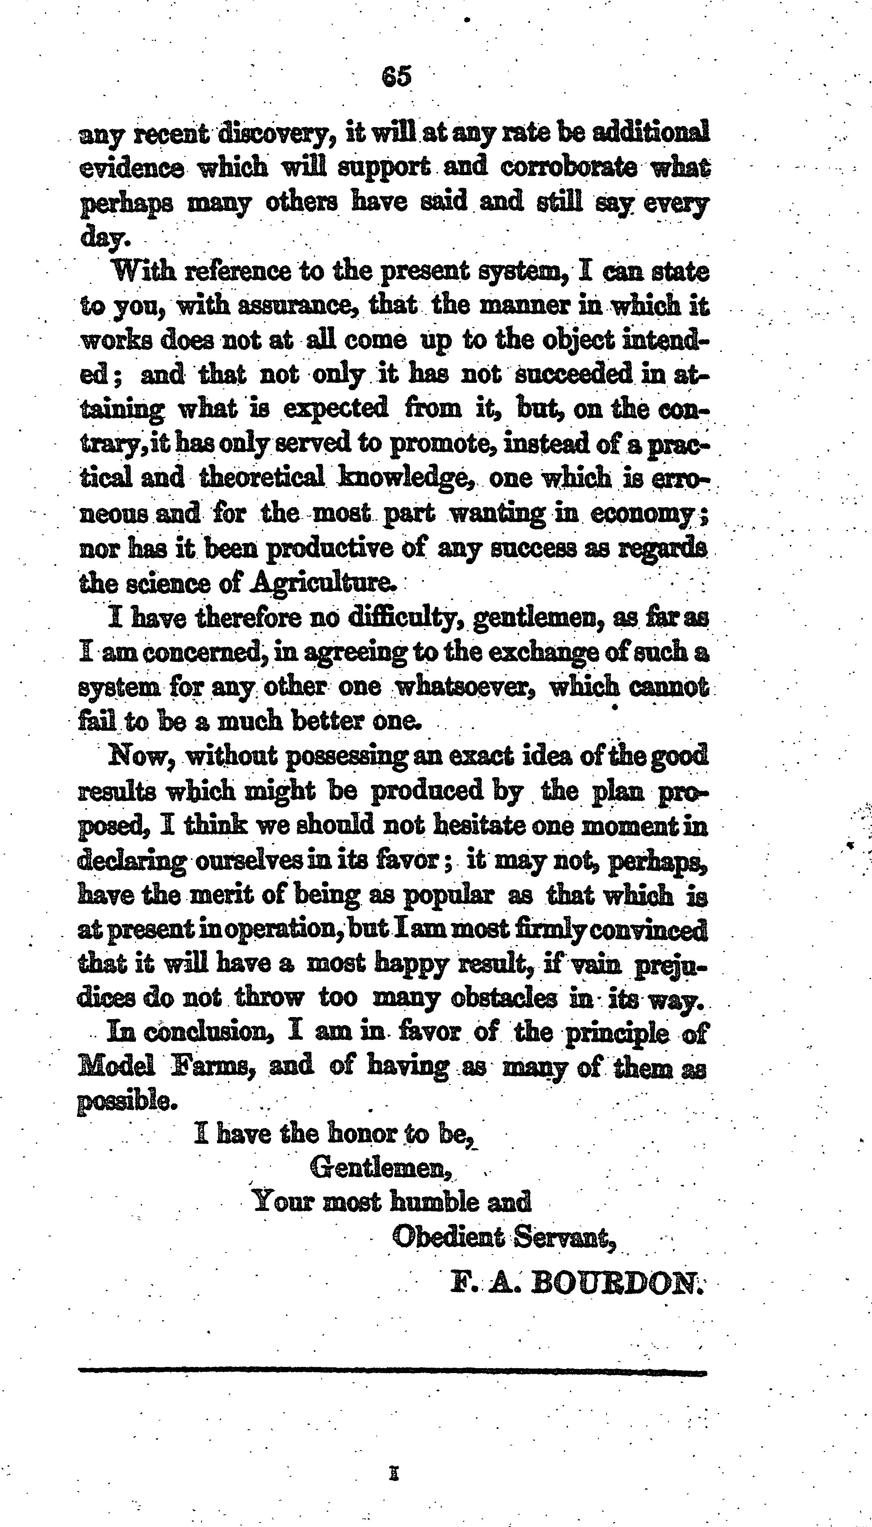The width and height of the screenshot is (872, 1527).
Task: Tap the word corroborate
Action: coord(568,167)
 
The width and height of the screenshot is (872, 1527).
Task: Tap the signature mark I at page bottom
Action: coord(394,1474)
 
